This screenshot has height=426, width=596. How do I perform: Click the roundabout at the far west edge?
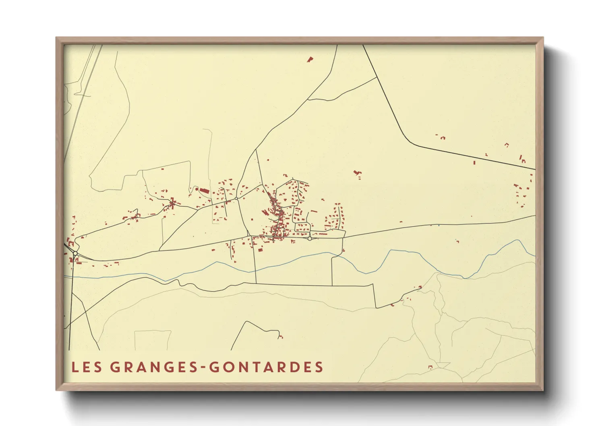tap(75, 253)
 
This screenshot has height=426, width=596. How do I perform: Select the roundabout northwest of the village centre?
tap(236, 199)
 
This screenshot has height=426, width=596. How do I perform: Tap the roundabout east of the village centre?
tap(309, 239)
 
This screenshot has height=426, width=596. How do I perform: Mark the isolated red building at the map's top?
tap(310, 60)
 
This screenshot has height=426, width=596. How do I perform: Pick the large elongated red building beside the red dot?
tap(205, 190)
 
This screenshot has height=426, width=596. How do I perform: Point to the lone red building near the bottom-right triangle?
tap(430, 367)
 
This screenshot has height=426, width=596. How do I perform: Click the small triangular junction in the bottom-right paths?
tap(443, 365)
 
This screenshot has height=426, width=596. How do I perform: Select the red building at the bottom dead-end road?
tap(281, 336)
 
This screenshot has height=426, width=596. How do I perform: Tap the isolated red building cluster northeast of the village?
tap(357, 173)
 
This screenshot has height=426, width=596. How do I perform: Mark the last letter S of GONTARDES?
tap(319, 367)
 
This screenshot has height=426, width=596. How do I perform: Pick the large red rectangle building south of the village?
tap(260, 250)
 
